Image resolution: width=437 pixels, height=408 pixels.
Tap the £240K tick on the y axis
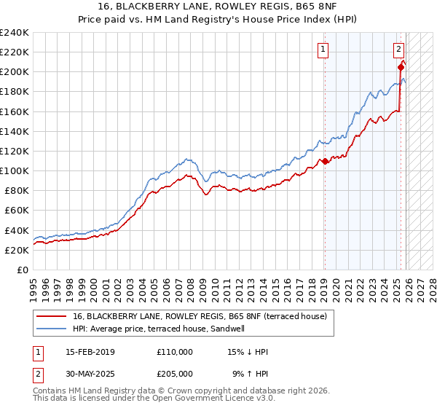click(15, 33)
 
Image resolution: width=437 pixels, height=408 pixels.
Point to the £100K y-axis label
click(15, 170)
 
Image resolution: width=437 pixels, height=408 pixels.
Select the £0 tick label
click(24, 270)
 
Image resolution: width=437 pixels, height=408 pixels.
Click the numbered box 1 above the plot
click(323, 50)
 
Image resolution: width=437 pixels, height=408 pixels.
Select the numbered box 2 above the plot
click(399, 50)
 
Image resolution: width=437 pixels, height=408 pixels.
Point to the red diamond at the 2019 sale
click(326, 161)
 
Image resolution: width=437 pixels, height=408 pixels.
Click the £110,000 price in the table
click(174, 351)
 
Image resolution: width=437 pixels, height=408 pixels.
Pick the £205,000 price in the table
click(174, 373)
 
